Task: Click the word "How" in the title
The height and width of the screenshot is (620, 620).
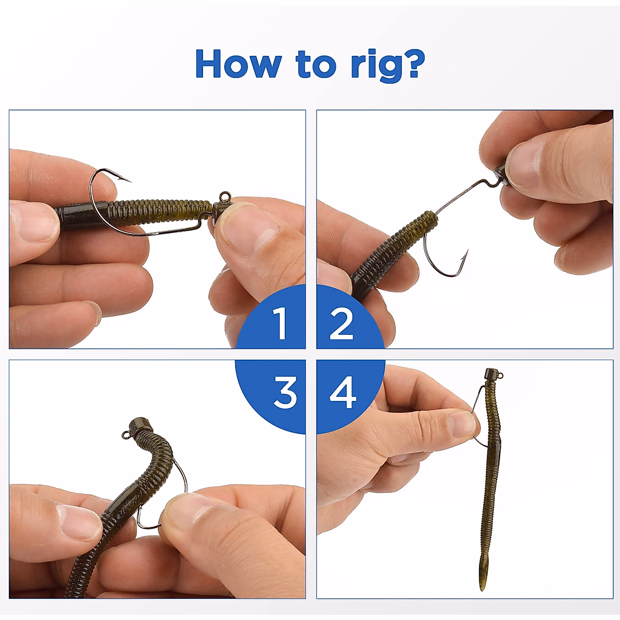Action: (238, 64)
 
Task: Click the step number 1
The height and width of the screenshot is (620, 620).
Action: (281, 323)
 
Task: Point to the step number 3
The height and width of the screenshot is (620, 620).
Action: (285, 393)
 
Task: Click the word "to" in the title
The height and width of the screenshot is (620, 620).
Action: (316, 65)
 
